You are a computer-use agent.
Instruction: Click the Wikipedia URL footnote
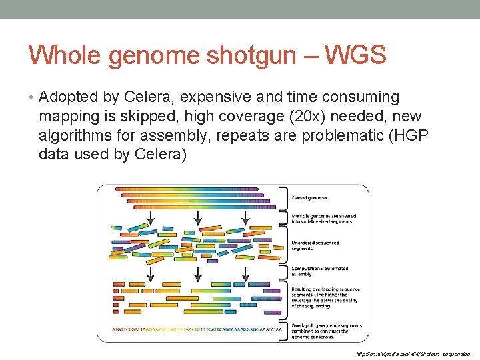413,354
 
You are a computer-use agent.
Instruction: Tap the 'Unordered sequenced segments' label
315,245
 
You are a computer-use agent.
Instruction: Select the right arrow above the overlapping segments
245,273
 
